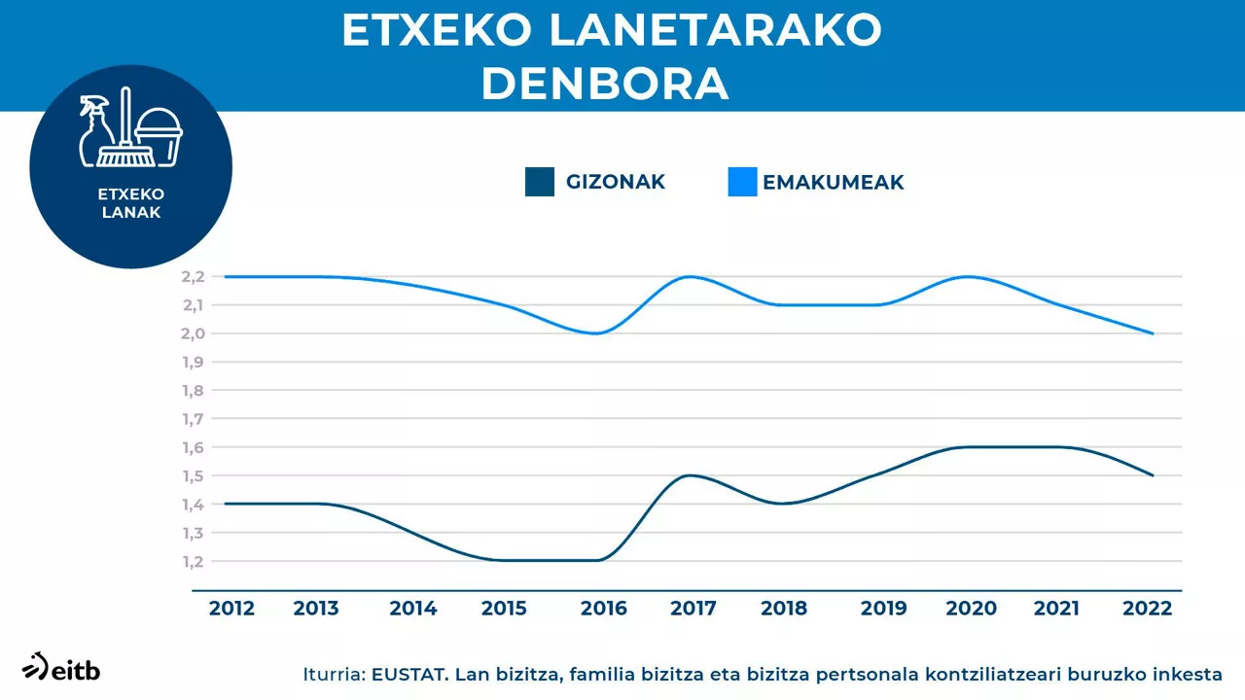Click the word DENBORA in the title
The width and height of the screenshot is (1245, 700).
coord(605,85)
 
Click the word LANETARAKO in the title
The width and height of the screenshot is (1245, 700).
coord(715,31)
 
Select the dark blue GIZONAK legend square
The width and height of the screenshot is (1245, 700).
coord(539,182)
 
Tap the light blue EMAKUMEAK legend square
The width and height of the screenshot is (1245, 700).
coord(742,182)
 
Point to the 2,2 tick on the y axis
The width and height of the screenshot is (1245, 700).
coord(193,277)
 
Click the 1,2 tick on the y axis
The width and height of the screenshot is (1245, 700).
coord(193,562)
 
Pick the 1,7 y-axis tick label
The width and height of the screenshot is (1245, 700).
coord(193,419)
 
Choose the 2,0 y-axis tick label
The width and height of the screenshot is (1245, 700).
coord(193,333)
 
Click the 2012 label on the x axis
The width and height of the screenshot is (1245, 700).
coord(231,609)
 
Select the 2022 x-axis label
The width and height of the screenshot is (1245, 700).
coord(1148,609)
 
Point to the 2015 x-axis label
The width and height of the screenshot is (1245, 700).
coord(504,609)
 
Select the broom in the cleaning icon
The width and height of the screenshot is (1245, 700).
coord(124,131)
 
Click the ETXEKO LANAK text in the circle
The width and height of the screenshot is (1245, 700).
coord(130,203)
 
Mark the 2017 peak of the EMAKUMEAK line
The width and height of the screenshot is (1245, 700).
coord(689,277)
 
